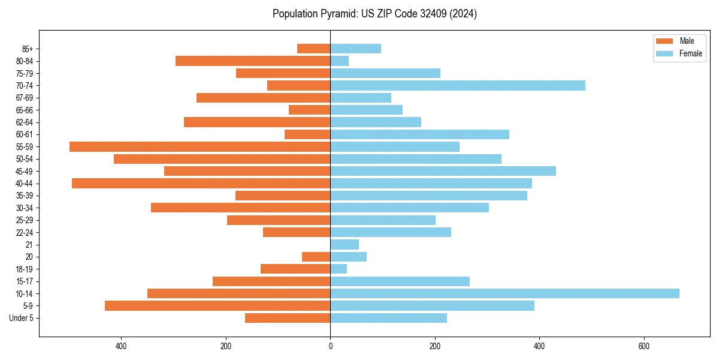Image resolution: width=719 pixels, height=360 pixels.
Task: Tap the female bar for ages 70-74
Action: [458, 85]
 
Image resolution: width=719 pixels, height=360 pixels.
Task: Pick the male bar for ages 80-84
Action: [253, 61]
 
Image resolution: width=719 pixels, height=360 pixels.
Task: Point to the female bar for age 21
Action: [345, 244]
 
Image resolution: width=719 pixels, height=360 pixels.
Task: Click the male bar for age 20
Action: [316, 257]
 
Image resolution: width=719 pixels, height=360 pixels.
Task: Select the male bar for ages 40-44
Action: [201, 183]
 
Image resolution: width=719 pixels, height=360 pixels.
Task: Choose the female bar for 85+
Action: [355, 49]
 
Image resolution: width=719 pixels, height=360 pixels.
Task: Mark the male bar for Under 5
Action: [288, 318]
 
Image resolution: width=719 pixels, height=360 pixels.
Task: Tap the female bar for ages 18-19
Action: [339, 269]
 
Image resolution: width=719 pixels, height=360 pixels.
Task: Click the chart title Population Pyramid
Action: [374, 14]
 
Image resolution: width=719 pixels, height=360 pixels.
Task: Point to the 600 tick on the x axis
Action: [644, 346]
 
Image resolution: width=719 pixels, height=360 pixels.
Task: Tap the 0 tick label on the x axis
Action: [330, 346]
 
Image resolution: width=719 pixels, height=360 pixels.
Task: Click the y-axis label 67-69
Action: [24, 98]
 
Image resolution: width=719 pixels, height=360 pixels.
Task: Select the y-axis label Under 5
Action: [21, 318]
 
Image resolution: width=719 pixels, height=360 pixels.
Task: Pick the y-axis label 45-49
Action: [24, 171]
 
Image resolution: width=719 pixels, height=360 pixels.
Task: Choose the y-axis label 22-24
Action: [24, 232]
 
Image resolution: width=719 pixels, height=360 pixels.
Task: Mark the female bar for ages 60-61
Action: [419, 134]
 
